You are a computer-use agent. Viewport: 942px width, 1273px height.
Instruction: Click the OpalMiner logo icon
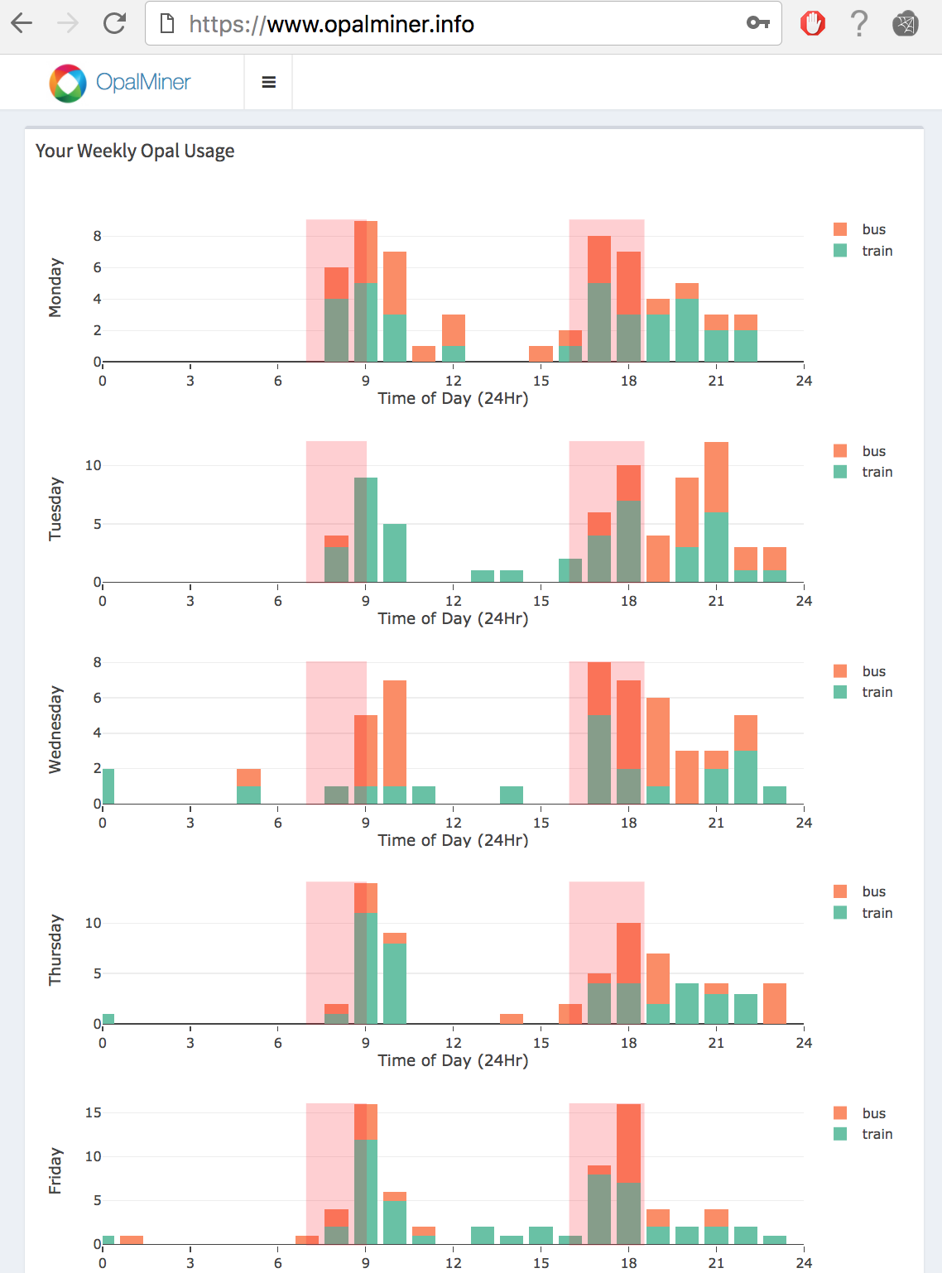pyautogui.click(x=68, y=83)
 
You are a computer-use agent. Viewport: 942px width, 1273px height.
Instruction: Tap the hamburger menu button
pyautogui.click(x=268, y=82)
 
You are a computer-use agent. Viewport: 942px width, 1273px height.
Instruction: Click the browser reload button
pyautogui.click(x=114, y=23)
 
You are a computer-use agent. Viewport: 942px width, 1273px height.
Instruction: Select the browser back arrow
pyautogui.click(x=22, y=23)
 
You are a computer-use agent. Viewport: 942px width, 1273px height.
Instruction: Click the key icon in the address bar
pyautogui.click(x=757, y=23)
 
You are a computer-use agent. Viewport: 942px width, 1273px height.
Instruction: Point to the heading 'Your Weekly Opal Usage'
pyautogui.click(x=135, y=151)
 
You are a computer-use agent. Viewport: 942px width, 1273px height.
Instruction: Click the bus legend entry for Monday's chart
pyautogui.click(x=862, y=229)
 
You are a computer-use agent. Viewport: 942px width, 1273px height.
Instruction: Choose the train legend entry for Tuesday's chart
pyautogui.click(x=864, y=472)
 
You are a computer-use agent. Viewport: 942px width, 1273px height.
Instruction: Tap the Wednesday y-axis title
pyautogui.click(x=55, y=729)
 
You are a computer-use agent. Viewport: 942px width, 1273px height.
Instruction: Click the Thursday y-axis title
pyautogui.click(x=55, y=949)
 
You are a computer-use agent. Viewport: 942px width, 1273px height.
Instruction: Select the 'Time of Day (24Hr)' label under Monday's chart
pyautogui.click(x=453, y=398)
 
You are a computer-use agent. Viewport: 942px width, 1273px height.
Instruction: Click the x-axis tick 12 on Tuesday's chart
pyautogui.click(x=454, y=601)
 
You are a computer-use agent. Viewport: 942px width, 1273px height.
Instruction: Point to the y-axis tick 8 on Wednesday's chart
pyautogui.click(x=98, y=662)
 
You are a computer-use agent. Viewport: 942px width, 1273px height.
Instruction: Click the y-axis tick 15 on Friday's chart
pyautogui.click(x=94, y=1112)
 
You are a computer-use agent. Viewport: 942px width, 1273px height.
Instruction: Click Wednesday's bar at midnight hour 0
pyautogui.click(x=108, y=786)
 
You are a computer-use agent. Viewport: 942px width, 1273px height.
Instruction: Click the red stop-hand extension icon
pyautogui.click(x=813, y=23)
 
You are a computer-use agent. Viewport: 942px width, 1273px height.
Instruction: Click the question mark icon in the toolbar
pyautogui.click(x=860, y=23)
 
